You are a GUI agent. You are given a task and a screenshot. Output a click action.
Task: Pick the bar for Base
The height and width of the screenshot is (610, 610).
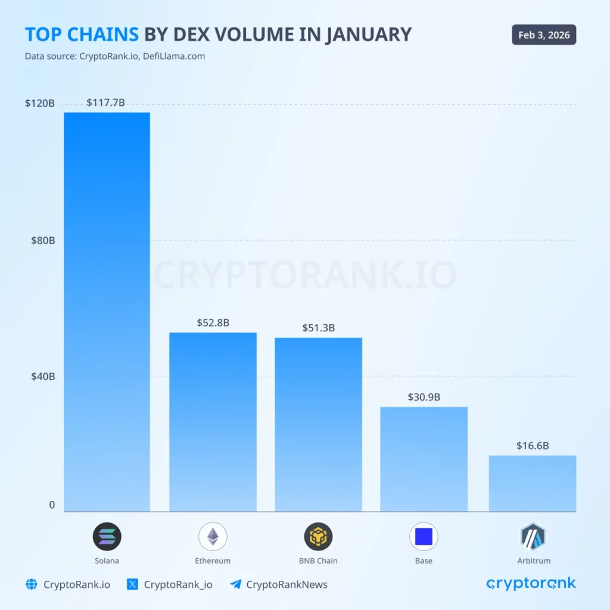tap(424, 459)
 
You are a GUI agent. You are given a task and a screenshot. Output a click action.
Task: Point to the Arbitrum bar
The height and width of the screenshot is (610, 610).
tap(532, 483)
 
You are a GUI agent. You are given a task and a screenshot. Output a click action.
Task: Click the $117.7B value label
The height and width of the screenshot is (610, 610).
tap(105, 102)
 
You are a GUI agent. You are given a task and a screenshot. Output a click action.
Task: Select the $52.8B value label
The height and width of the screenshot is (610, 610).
tap(213, 323)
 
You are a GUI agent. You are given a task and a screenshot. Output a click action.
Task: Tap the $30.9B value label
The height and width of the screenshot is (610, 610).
tap(424, 397)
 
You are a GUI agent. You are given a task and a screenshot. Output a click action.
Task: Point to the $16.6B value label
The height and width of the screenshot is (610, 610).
tap(532, 446)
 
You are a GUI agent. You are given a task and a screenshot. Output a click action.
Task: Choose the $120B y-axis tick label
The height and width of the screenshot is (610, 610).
tap(40, 103)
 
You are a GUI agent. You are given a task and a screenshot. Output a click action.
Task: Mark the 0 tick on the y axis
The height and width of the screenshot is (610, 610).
tap(51, 505)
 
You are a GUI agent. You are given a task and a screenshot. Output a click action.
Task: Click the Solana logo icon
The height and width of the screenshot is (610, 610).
tap(107, 536)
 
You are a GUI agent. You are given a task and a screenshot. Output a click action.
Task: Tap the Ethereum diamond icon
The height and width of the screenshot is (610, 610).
tap(213, 536)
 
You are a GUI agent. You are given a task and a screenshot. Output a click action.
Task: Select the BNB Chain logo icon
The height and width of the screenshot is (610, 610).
tap(318, 536)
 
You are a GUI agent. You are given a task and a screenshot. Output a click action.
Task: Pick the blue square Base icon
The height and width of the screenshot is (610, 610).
tap(424, 536)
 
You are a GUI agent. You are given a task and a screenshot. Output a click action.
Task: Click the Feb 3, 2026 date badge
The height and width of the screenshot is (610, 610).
tap(544, 35)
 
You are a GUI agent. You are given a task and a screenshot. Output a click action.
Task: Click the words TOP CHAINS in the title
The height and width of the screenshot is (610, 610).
tap(81, 35)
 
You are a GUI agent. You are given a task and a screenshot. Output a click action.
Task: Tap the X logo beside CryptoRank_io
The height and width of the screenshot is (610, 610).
tap(133, 584)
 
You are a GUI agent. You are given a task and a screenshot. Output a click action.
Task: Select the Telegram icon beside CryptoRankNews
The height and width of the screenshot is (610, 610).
tap(235, 584)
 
